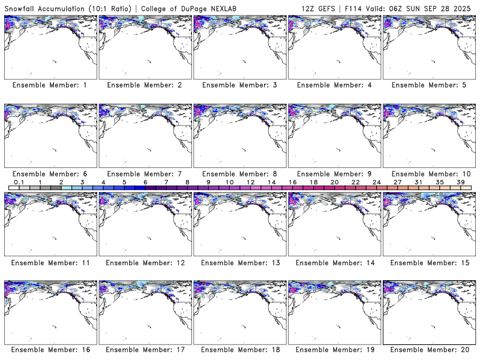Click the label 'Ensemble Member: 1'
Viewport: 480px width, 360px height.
50,85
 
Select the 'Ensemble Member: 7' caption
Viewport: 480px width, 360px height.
145,174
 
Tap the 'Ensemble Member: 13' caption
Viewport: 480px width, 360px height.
239,263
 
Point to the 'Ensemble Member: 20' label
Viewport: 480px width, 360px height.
428,349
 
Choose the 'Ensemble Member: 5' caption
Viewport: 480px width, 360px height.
428,85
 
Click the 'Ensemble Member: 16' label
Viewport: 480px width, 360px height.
50,349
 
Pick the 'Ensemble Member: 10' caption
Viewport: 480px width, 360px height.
428,174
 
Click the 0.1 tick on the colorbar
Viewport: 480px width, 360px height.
19,182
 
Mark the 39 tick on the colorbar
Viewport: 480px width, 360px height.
460,182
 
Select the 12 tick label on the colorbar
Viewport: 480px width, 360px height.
250,182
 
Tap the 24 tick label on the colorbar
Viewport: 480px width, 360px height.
376,182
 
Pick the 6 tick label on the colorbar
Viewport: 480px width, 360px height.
145,182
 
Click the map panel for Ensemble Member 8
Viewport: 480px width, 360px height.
239,136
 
